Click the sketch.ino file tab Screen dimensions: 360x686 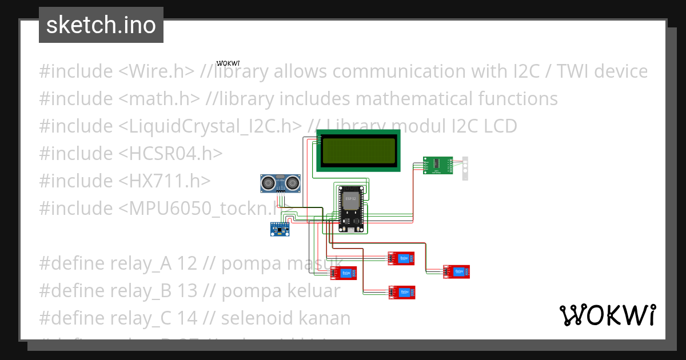coord(101,25)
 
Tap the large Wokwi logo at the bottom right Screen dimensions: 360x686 coord(607,315)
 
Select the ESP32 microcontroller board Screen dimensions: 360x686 coord(350,208)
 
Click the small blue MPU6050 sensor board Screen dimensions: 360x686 coord(280,229)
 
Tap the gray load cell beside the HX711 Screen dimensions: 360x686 coord(465,168)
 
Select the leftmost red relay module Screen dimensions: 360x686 coord(344,273)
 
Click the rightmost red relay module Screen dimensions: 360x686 coord(457,272)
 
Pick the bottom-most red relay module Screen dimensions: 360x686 coord(402,293)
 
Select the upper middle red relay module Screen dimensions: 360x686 coord(402,258)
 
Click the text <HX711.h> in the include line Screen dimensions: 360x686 coord(165,181)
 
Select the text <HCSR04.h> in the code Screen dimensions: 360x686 coord(170,154)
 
